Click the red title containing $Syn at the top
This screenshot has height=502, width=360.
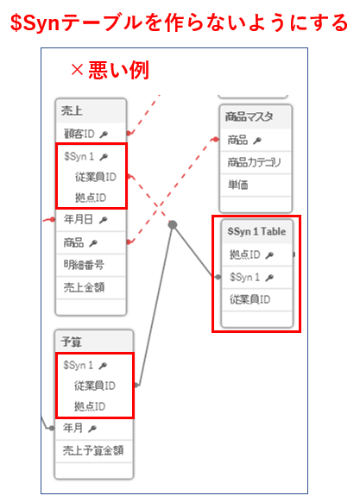coord(180,22)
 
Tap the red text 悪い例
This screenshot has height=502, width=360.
coord(118,70)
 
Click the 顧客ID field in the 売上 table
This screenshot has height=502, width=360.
coord(79,134)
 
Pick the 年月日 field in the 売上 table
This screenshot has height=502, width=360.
coord(79,219)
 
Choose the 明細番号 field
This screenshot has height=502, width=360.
coord(84,265)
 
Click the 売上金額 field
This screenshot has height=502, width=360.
coord(84,287)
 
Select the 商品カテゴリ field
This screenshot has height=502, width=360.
coord(254,162)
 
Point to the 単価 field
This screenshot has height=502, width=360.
coord(237,185)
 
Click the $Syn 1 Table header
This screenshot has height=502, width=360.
coord(256,231)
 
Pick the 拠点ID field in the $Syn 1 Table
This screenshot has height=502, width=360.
coord(244,254)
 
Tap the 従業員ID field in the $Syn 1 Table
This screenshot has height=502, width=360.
coord(249,299)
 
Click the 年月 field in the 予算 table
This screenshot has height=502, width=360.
coord(73,428)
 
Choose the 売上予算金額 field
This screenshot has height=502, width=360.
coord(93,450)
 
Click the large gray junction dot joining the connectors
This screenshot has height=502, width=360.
coord(173,225)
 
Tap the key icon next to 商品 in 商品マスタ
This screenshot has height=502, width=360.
coord(257,141)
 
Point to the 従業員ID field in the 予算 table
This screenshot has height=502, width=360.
coord(95,386)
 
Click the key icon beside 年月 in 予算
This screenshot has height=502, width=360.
coord(92,429)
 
